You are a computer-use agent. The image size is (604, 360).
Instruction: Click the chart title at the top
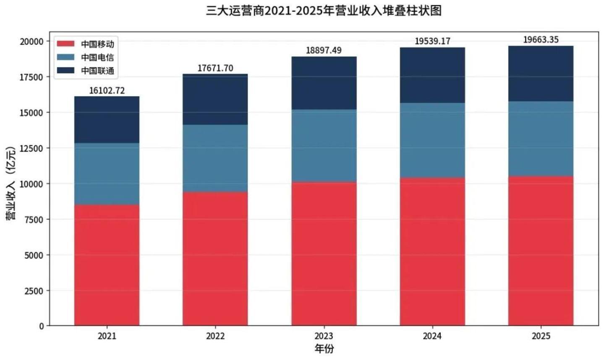[323, 11]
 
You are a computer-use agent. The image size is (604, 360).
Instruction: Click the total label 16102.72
[107, 91]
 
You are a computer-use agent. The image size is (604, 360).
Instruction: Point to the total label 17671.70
[215, 68]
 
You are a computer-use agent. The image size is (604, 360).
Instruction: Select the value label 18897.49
[324, 50]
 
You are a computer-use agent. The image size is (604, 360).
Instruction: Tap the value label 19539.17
[432, 41]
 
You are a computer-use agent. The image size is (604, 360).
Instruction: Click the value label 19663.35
[541, 40]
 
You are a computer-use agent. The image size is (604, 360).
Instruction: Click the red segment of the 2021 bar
[107, 265]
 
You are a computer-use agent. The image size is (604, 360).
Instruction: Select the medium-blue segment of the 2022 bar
[215, 158]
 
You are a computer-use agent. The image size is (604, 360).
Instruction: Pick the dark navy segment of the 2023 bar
[324, 83]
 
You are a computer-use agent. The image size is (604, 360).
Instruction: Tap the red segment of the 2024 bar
[432, 252]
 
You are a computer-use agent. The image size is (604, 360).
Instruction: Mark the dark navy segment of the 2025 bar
[541, 74]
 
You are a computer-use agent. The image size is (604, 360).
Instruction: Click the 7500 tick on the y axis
[34, 220]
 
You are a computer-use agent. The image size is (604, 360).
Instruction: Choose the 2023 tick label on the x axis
[324, 336]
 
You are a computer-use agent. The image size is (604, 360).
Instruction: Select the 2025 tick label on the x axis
[541, 336]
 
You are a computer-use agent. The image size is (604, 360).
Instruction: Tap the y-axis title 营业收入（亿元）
[10, 183]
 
